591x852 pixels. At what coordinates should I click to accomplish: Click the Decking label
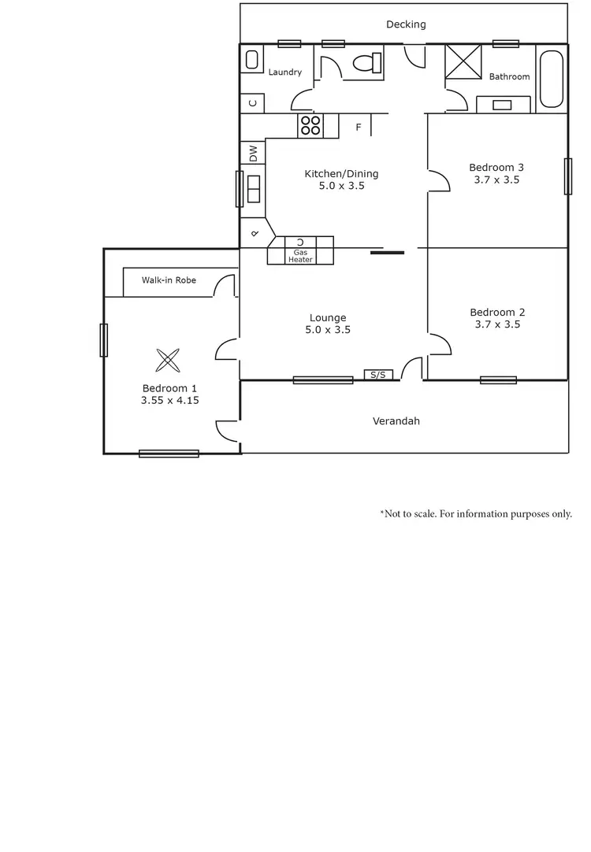click(x=406, y=24)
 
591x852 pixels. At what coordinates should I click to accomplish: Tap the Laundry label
click(x=284, y=72)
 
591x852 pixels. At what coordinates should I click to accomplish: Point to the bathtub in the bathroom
click(x=551, y=79)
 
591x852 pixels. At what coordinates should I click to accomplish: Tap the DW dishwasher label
click(x=253, y=153)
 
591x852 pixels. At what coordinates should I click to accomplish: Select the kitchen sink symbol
click(x=253, y=190)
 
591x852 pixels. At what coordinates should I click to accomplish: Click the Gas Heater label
click(x=300, y=256)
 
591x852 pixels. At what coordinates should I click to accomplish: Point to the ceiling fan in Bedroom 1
click(x=168, y=361)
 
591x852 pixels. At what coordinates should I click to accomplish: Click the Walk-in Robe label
click(x=169, y=280)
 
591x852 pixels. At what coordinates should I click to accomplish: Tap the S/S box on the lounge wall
click(x=378, y=375)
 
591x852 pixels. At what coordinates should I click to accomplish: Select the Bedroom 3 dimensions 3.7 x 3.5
click(x=496, y=180)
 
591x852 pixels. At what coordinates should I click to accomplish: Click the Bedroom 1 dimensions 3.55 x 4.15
click(x=169, y=400)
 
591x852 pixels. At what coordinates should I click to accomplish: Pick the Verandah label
click(x=396, y=421)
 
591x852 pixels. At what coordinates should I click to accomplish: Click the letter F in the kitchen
click(x=358, y=127)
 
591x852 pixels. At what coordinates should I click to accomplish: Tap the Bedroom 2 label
click(x=496, y=312)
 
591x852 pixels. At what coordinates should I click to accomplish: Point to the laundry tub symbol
click(x=252, y=61)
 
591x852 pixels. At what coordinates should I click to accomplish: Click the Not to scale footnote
click(x=476, y=513)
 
